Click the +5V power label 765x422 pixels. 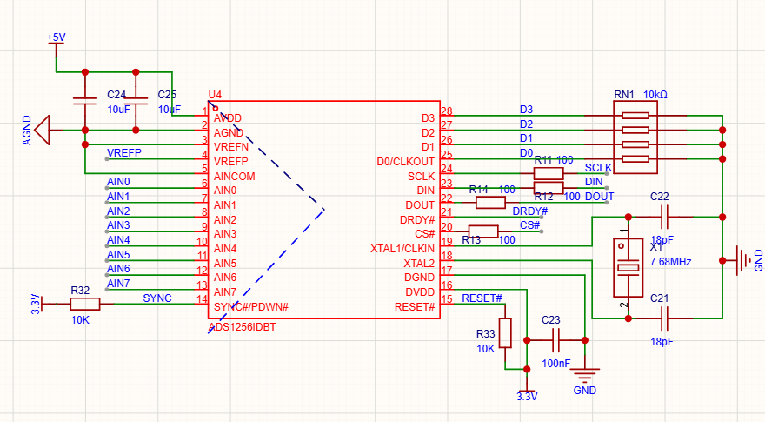[57, 37]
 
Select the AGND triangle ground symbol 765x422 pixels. [43, 130]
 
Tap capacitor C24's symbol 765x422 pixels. [85, 101]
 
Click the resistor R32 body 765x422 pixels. [85, 305]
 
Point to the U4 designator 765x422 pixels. [215, 94]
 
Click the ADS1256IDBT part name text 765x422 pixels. [242, 327]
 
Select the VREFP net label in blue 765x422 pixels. [124, 153]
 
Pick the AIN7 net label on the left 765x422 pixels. [118, 284]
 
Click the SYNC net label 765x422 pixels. [157, 298]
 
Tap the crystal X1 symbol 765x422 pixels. [628, 267]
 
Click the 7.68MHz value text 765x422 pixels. [670, 262]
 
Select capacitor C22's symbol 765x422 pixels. [664, 217]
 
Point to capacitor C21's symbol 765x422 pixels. [664, 318]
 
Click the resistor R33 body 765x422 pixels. [505, 333]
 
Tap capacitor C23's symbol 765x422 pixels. [555, 340]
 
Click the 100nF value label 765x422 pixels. [555, 364]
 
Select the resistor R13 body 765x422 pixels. [483, 231]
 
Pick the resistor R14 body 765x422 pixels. [490, 202]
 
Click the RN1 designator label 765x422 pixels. [624, 94]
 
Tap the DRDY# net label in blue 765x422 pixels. [529, 211]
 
